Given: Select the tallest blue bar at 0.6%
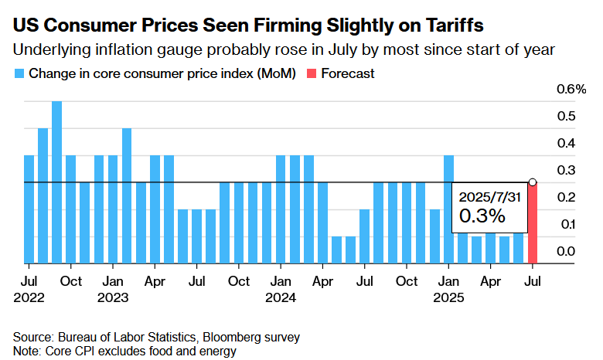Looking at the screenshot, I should (57, 182).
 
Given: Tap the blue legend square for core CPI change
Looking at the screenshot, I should (18, 74).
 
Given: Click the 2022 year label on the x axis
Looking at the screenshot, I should (29, 296).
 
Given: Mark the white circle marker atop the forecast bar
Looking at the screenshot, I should (533, 182).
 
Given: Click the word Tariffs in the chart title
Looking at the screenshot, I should (454, 25).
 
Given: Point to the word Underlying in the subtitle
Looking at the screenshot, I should (45, 51).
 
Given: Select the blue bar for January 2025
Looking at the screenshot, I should (448, 209).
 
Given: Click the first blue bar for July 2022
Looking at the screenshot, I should (29, 209).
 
